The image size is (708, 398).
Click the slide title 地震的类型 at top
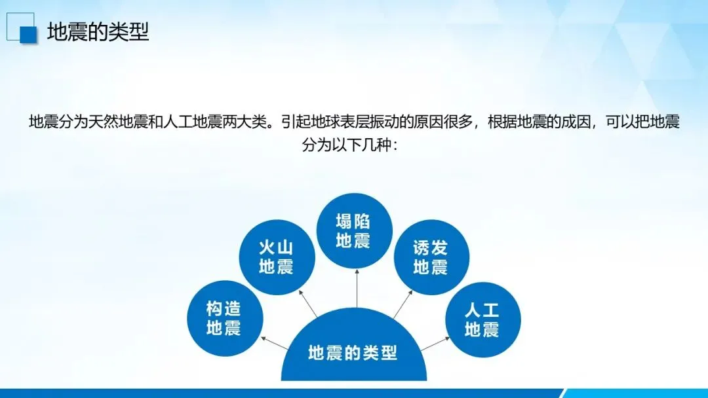(98, 32)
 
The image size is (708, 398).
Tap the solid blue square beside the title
(28, 35)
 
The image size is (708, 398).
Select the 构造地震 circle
(225, 318)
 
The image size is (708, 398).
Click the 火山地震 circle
(277, 257)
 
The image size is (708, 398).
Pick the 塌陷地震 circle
(354, 231)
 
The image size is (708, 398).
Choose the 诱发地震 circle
(431, 257)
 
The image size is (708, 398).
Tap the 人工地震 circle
(482, 320)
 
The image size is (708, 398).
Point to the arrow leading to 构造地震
(275, 343)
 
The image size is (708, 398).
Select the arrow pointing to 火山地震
(308, 304)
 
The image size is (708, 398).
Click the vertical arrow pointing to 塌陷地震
(357, 289)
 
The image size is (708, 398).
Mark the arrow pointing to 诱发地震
(403, 304)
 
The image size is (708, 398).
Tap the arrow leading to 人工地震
(435, 344)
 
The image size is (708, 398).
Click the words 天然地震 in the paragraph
(118, 122)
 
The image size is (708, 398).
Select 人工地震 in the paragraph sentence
(192, 122)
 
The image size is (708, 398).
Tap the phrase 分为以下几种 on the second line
(346, 145)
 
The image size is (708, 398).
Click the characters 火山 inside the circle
(277, 247)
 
